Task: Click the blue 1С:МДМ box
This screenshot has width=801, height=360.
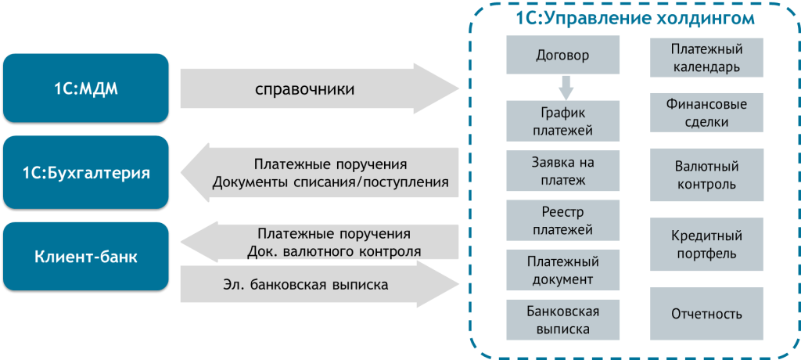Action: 85,88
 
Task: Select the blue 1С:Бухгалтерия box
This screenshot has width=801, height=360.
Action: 85,172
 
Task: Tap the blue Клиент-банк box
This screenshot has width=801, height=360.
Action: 85,256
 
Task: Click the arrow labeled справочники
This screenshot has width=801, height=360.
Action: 313,88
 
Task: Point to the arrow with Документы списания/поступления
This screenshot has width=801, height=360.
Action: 329,174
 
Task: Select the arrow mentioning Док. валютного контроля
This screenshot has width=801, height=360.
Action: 329,243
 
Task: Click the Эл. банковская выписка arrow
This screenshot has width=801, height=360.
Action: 313,284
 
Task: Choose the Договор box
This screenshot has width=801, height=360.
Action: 562,56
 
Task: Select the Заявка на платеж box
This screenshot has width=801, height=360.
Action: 562,171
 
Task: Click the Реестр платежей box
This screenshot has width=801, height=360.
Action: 562,221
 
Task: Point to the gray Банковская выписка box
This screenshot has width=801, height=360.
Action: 562,319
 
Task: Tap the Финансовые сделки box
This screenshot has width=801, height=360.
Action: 706,113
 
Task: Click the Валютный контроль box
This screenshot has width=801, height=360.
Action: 706,175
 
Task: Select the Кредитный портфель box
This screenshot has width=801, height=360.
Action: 706,244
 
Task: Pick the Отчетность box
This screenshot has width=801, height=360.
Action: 706,314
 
